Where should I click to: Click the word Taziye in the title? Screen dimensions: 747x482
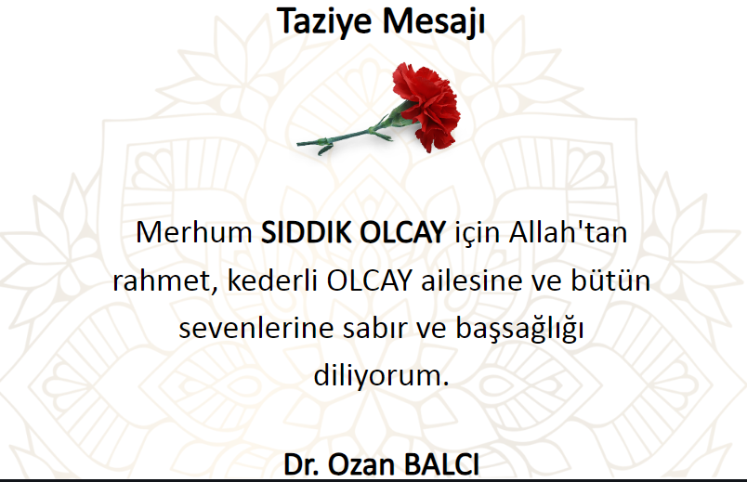coord(325,22)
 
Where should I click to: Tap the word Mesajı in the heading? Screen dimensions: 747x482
coord(434,22)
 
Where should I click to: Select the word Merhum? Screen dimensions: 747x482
coord(194,232)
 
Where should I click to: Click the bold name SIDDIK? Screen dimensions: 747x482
coord(306,232)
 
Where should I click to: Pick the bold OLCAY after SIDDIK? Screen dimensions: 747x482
coord(402,232)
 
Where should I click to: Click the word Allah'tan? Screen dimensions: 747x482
coord(568,232)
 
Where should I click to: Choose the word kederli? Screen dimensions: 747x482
coord(272,280)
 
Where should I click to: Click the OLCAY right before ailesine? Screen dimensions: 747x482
coord(369,280)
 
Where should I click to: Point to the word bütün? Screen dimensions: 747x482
coord(610,280)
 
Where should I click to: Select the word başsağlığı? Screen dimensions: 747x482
coord(519,330)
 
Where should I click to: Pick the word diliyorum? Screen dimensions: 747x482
coord(382,376)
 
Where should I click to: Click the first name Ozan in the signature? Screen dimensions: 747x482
coord(361,464)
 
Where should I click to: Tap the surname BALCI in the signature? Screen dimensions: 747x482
coord(441,464)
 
